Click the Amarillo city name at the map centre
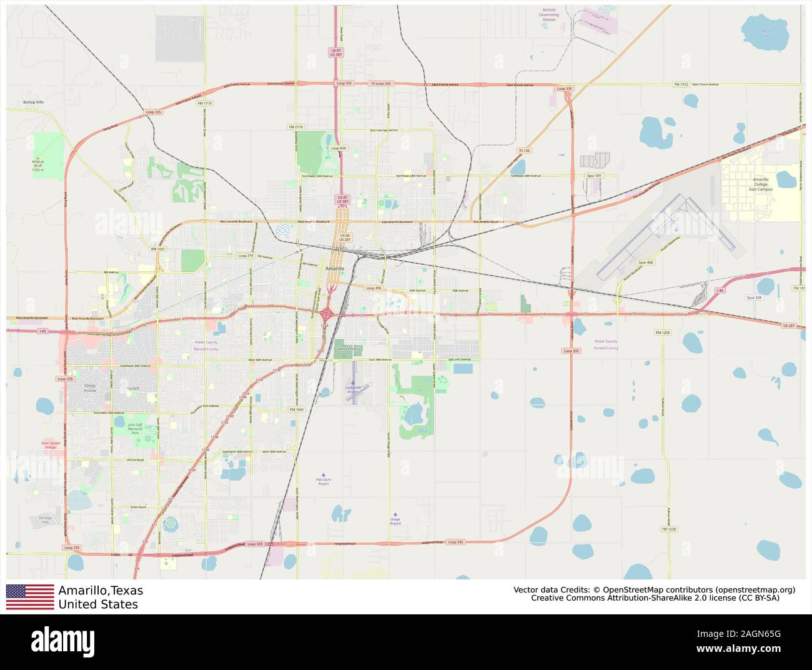335,268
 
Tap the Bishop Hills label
34,102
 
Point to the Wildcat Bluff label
39,165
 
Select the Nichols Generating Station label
548,15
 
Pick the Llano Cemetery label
344,349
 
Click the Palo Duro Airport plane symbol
323,475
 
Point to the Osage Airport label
395,521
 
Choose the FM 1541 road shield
297,409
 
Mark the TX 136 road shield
524,151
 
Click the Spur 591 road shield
594,176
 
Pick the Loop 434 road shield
338,148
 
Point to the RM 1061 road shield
158,249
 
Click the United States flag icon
30,597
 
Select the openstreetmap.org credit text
755,589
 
